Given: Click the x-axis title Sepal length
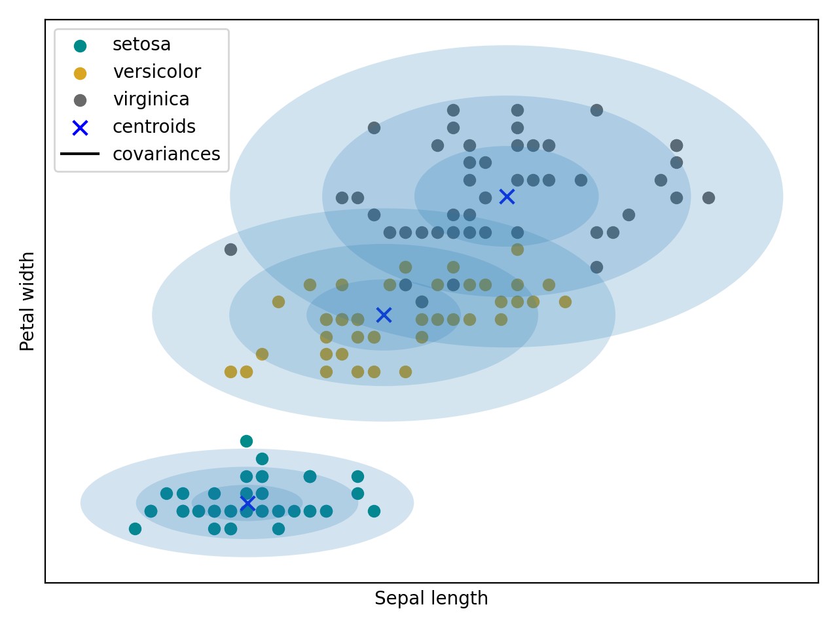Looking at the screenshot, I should pyautogui.click(x=431, y=599).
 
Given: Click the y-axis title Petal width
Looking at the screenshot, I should pyautogui.click(x=27, y=301).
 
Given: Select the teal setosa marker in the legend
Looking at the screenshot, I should pyautogui.click(x=80, y=46).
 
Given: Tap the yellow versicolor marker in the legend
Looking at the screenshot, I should pyautogui.click(x=80, y=73).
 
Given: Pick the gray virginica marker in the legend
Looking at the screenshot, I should pyautogui.click(x=80, y=100).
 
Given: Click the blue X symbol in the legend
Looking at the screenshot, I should pyautogui.click(x=80, y=128).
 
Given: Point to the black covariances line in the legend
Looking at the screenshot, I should pyautogui.click(x=80, y=154).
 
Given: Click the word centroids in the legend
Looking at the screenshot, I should pyautogui.click(x=154, y=127).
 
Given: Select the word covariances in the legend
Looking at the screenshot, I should pyautogui.click(x=166, y=154).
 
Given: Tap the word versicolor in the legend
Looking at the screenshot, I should pyautogui.click(x=156, y=72).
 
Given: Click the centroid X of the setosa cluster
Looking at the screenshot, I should pyautogui.click(x=247, y=503).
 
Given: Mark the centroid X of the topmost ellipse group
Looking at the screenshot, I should pyautogui.click(x=507, y=196).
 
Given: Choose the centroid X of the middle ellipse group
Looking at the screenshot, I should pyautogui.click(x=384, y=315).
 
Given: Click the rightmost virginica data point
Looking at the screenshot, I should pyautogui.click(x=708, y=198).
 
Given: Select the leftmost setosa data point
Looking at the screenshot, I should pyautogui.click(x=135, y=529).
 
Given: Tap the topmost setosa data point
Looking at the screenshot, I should pyautogui.click(x=246, y=441).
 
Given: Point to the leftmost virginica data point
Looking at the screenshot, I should pyautogui.click(x=230, y=249).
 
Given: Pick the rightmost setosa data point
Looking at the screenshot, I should pyautogui.click(x=374, y=511).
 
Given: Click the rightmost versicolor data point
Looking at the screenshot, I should pyautogui.click(x=565, y=302).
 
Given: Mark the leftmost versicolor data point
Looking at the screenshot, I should pyautogui.click(x=230, y=372).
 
